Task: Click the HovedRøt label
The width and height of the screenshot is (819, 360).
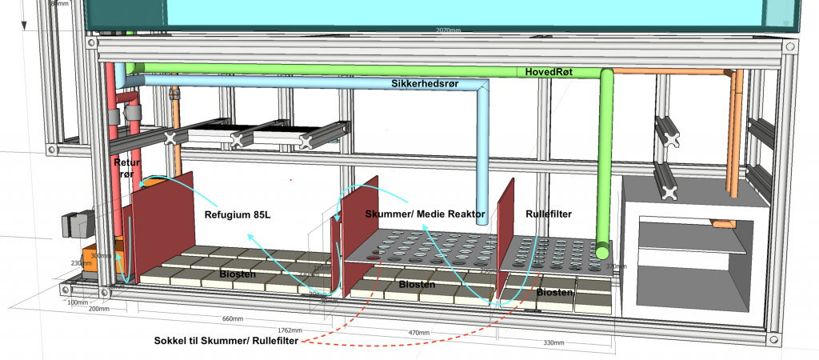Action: pos(549,72)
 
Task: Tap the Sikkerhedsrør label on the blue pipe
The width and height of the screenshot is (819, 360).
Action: pos(423,83)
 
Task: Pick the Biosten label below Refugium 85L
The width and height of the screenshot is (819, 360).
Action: pos(238,274)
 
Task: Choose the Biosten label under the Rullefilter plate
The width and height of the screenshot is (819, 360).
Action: pos(556,293)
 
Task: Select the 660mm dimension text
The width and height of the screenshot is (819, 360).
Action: pos(232,319)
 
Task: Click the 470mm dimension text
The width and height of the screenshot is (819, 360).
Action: pos(413,332)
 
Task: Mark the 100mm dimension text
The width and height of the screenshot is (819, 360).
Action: pos(77,302)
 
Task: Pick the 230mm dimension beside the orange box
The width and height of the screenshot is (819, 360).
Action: pos(81,263)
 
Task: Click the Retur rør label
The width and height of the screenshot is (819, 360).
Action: pos(126,167)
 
